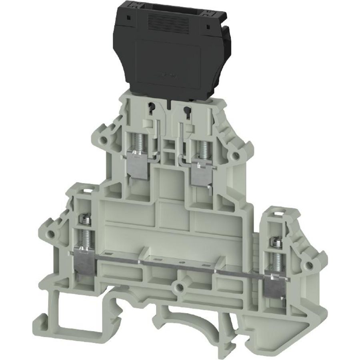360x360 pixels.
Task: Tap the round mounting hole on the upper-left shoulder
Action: pyautogui.click(x=105, y=140)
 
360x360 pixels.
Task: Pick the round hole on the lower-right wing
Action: pyautogui.click(x=308, y=265)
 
